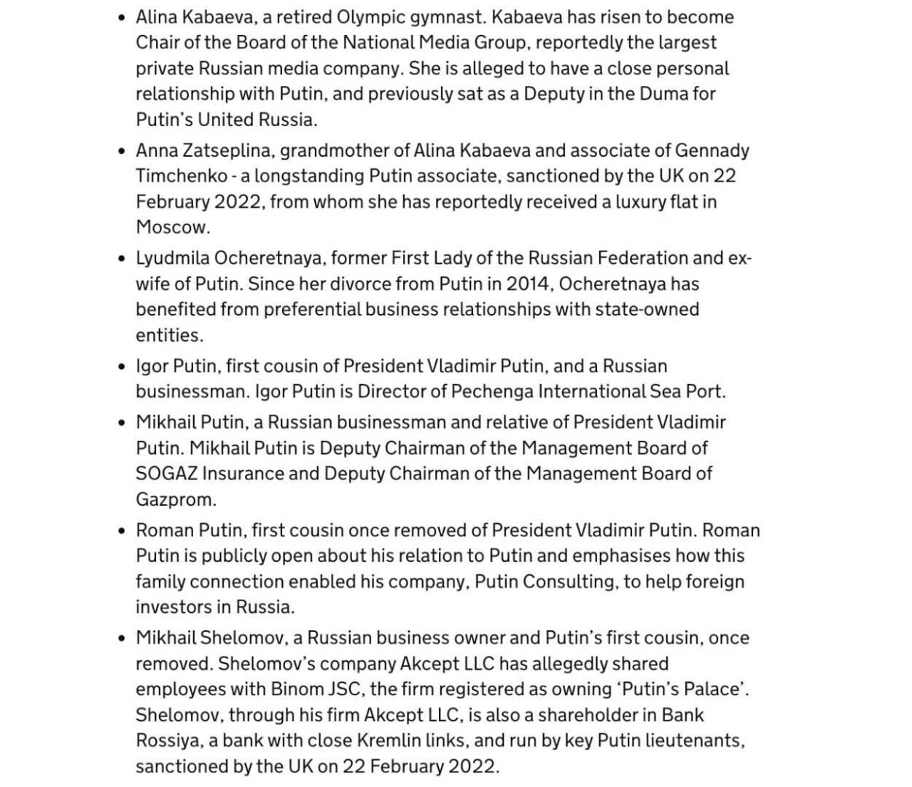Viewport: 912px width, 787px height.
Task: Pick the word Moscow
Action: click(172, 227)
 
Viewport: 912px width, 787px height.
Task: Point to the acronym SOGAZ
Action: click(166, 474)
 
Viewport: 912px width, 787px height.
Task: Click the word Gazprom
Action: click(175, 500)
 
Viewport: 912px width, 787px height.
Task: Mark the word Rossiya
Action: click(168, 741)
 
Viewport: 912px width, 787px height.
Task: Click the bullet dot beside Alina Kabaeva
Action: click(121, 17)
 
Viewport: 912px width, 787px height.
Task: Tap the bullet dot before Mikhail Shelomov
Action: click(121, 638)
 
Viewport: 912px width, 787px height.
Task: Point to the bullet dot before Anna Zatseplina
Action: click(121, 151)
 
